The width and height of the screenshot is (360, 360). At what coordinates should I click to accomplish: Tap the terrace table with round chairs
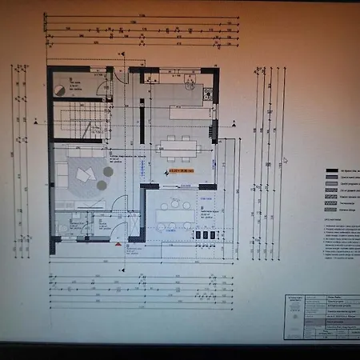pyautogui.click(x=175, y=214)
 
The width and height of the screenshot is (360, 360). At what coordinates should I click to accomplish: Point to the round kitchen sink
pyautogui.click(x=190, y=82)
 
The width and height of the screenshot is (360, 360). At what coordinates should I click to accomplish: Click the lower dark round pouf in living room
pyautogui.click(x=102, y=185)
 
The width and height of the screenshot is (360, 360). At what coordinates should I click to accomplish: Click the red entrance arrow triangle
pyautogui.click(x=126, y=246)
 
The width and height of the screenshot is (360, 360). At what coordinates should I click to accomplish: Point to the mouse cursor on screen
pyautogui.click(x=285, y=159)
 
